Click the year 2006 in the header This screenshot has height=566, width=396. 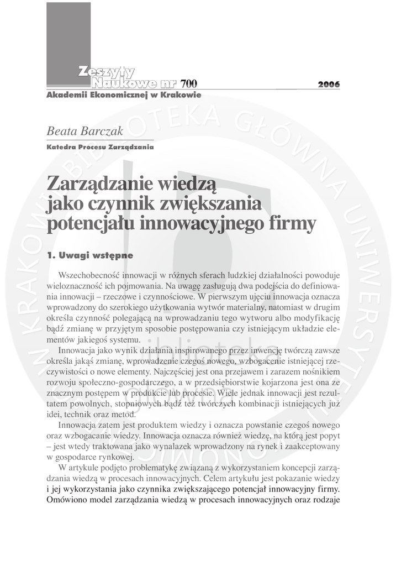(329, 85)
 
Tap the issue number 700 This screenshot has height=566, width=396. (188, 84)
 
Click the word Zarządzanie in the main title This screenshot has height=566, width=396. (102, 182)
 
